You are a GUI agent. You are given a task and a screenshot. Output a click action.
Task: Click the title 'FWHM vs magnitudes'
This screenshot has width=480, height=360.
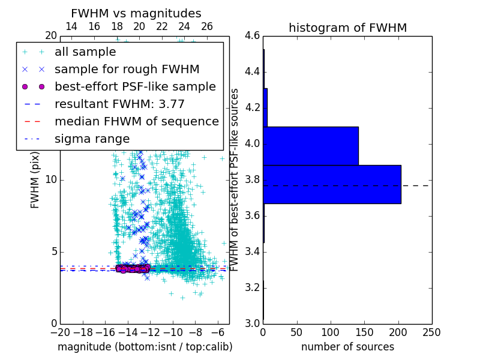[x=136, y=13]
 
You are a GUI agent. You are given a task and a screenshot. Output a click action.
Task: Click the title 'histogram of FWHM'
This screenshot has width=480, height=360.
[x=347, y=28]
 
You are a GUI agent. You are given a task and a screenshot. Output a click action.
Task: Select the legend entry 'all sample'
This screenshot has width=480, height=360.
[x=85, y=52]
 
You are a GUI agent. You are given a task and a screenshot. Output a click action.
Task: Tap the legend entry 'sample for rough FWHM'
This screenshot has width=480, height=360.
[x=127, y=69]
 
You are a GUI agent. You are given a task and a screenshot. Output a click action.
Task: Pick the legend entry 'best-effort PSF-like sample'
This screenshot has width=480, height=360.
[x=135, y=86]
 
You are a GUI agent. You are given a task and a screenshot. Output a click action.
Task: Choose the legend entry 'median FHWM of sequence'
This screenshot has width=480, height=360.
[x=136, y=121]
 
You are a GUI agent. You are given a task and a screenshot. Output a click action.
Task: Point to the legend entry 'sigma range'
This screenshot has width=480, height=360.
[x=92, y=139]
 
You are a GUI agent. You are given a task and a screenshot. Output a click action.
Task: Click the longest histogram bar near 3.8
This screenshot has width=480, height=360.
[x=332, y=184]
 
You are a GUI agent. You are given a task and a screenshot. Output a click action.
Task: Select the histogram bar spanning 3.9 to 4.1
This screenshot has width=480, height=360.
[x=311, y=146]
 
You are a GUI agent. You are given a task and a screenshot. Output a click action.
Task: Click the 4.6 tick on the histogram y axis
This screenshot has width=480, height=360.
[x=252, y=36]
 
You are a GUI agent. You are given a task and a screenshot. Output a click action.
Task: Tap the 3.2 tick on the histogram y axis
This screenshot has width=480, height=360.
[x=252, y=287]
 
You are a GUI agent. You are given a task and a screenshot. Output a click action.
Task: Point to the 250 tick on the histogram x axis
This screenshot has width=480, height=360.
[x=431, y=332]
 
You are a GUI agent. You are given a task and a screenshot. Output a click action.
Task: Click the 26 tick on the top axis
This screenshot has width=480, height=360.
[x=207, y=26]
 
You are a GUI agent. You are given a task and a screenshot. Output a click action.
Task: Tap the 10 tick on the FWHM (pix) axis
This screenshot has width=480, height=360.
[x=51, y=180]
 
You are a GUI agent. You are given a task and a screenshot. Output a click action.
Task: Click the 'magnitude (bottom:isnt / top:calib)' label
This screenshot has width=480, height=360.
[x=145, y=347]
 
